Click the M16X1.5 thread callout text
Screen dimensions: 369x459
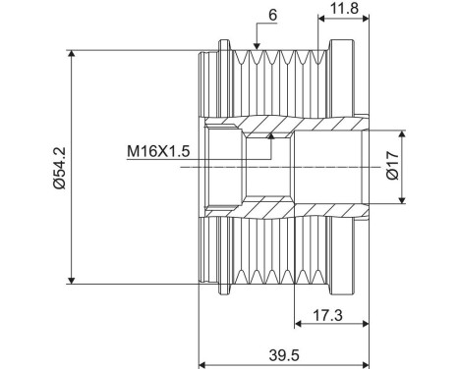pyautogui.click(x=157, y=151)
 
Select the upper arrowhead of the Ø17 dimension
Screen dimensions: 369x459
pyautogui.click(x=403, y=132)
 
